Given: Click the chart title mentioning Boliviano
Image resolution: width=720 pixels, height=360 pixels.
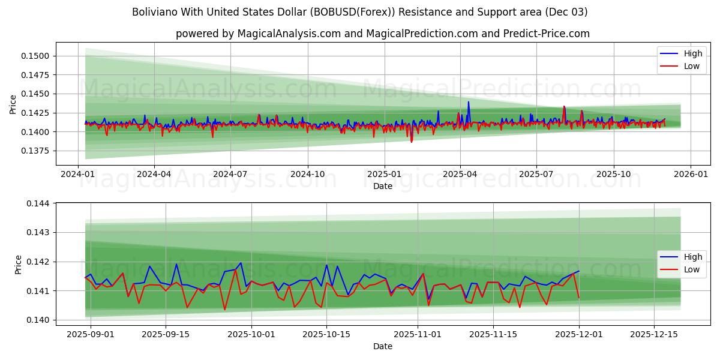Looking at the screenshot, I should tap(360, 12).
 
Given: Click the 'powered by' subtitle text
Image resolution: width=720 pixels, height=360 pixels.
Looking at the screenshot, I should tap(383, 34).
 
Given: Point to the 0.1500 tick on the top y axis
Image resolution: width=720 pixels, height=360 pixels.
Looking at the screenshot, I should tap(38, 56).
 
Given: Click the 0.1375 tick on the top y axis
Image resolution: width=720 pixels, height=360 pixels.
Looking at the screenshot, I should tap(38, 151).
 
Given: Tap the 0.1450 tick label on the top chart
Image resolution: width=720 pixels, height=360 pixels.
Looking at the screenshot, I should tap(38, 94).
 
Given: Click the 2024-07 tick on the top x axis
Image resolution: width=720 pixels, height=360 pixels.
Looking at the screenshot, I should tap(231, 174).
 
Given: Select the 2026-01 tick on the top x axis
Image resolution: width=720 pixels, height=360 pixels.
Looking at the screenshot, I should tap(690, 174).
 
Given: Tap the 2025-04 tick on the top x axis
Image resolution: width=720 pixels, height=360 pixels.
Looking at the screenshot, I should tap(460, 174).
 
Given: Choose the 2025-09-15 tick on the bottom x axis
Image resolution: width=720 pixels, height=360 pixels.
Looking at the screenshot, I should tap(166, 334).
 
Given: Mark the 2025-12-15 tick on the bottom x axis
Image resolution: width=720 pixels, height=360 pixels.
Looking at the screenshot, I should tap(654, 334).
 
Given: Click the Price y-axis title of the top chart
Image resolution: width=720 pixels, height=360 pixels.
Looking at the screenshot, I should tap(13, 104).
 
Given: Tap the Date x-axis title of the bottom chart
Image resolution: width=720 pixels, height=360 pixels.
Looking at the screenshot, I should tap(383, 346).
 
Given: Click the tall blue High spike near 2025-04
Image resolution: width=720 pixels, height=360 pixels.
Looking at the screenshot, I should tap(469, 103).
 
